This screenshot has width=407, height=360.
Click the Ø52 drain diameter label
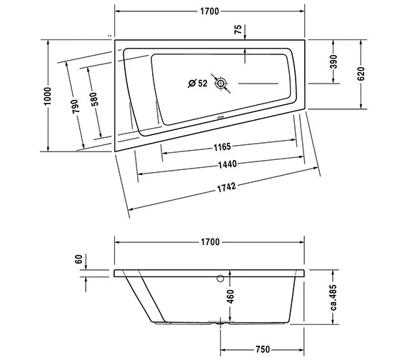coord(198,83)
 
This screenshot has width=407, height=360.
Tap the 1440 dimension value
coord(226,164)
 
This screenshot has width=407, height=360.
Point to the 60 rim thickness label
coord(78,260)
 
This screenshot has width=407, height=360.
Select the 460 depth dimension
coord(229,296)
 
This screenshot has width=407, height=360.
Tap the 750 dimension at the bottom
coord(261,349)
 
